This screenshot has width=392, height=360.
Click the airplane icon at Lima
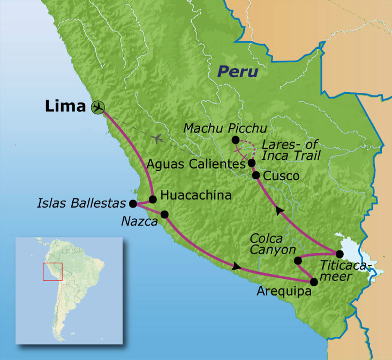[x=98, y=107]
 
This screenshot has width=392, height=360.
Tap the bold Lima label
[x=65, y=106]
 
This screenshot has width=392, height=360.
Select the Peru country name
[x=237, y=72]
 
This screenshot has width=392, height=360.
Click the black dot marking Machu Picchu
[x=235, y=140]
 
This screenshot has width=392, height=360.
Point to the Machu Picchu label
[x=225, y=128]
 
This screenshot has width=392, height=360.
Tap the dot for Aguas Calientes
[x=252, y=163]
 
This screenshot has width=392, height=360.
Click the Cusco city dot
[x=256, y=175]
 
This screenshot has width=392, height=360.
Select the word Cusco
[x=281, y=176]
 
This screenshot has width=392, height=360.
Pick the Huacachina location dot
[x=152, y=199]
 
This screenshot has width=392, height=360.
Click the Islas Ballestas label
[x=82, y=203]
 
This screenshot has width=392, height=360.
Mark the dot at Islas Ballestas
[x=133, y=204]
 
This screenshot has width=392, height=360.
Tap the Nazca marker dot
[x=164, y=214]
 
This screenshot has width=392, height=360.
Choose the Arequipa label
[x=284, y=291]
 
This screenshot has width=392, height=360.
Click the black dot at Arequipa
[x=314, y=282]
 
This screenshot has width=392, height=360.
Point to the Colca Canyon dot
[x=298, y=260]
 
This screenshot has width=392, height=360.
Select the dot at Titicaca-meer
[x=339, y=254]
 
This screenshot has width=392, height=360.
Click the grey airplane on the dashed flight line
[x=157, y=138]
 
